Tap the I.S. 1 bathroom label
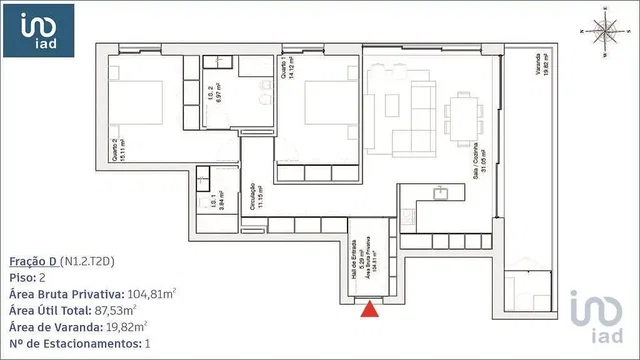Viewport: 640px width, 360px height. coord(209,188)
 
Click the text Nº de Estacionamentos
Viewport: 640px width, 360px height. coord(70,342)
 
